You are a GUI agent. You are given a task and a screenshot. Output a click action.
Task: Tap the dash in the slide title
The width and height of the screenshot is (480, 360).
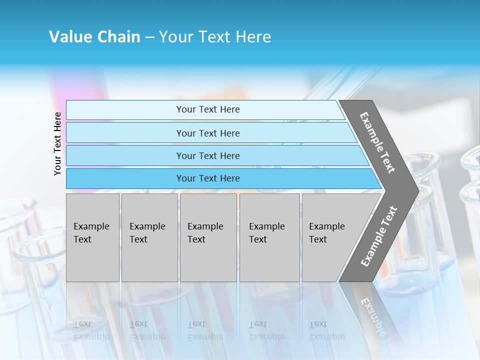[149, 37]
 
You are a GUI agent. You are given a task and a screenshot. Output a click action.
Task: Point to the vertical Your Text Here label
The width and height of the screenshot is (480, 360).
[57, 143]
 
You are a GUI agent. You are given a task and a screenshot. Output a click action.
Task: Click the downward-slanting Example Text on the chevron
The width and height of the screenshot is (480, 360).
[377, 142]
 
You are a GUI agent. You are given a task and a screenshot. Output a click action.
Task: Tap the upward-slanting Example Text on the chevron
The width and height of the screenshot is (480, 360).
[378, 236]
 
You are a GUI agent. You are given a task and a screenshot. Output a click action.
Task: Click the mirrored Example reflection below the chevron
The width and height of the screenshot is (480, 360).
[372, 312]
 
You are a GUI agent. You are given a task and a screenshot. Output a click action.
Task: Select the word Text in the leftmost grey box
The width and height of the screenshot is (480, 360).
[82, 239]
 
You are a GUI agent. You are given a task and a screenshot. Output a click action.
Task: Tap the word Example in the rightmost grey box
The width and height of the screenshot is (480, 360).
[327, 226]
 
